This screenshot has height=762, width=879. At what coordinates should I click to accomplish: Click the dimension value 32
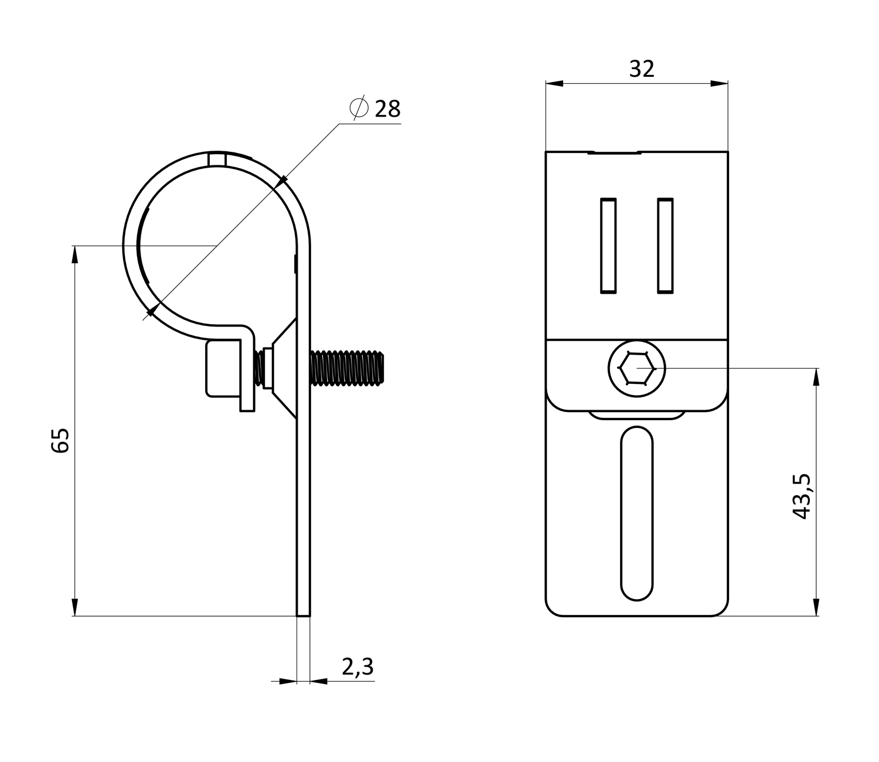642,69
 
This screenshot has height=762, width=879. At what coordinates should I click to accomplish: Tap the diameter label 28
387,109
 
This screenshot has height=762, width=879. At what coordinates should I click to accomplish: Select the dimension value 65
60,441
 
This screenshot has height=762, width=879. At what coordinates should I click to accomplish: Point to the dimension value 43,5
802,496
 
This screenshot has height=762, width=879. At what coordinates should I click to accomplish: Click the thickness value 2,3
357,666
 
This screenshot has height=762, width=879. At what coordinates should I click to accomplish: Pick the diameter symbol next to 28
359,108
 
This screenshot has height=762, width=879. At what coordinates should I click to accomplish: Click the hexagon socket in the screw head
636,369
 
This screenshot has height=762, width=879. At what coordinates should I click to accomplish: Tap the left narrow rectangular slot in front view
608,246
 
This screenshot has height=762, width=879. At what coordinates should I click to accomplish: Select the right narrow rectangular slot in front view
665,246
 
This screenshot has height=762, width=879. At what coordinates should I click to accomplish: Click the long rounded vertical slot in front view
636,513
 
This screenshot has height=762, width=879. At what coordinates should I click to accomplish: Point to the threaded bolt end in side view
347,368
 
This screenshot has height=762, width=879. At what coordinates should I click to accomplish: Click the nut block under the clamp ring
223,369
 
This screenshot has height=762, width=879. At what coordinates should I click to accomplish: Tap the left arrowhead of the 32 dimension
554,83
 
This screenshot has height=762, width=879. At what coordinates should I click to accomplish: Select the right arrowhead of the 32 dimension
719,83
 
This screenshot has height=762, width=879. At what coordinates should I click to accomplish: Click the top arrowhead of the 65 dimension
75,254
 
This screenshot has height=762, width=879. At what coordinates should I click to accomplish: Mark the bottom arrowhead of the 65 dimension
75,607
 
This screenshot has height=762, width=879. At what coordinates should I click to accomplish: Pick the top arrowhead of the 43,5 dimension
816,377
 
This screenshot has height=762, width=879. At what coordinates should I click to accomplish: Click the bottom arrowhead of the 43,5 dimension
816,607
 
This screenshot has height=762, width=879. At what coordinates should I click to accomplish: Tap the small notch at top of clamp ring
217,159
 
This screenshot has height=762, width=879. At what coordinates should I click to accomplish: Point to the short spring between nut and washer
258,369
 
